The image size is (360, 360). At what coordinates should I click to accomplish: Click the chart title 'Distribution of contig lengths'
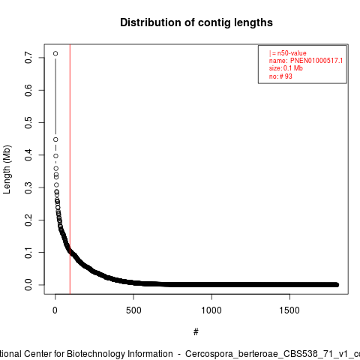pos(196,22)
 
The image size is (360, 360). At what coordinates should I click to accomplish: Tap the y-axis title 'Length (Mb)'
pos(7,169)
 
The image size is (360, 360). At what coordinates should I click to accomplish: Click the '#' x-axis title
pos(196,332)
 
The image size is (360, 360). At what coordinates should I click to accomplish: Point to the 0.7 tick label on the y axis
pos(28,58)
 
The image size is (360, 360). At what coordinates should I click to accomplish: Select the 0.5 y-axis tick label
pos(28,122)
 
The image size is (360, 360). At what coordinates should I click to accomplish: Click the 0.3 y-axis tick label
pos(28,187)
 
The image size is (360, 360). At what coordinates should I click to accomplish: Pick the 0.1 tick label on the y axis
pos(28,253)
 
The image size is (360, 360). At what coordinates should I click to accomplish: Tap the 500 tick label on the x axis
pos(133,310)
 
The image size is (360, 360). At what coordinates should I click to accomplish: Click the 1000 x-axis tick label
pos(211,310)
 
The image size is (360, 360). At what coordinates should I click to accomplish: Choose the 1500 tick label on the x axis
pos(289,310)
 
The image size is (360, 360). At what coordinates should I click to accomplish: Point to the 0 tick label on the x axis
pos(55,310)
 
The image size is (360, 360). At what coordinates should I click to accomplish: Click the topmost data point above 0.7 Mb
pos(55,53)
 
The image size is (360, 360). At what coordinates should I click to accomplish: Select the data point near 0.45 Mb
pos(55,139)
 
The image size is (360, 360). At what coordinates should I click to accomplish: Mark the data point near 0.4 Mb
pos(55,156)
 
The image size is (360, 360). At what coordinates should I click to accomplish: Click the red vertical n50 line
pos(70,169)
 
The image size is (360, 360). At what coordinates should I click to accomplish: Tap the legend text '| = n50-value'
pos(288,53)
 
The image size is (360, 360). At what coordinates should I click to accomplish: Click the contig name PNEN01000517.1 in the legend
pos(316,61)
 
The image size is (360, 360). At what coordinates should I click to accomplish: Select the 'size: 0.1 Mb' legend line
pos(286,68)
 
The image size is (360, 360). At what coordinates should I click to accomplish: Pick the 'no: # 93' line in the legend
pos(280,76)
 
